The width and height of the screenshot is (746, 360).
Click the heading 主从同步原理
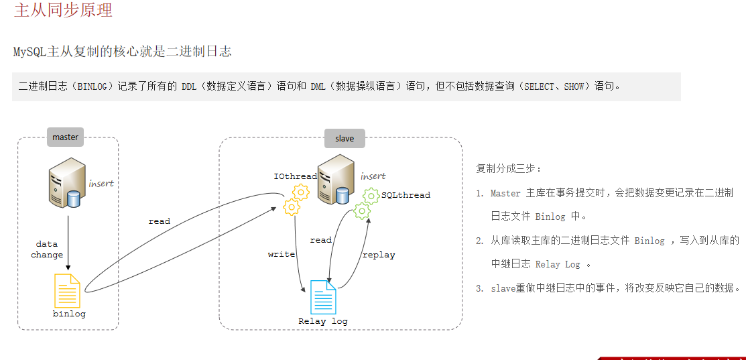[x=63, y=10]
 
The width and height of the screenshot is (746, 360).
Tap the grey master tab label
[x=66, y=137]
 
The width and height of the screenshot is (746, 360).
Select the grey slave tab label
[x=345, y=138]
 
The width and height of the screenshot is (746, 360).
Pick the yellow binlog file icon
[x=67, y=290]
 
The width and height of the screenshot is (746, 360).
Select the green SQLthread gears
[x=366, y=202]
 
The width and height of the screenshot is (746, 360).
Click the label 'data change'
[x=47, y=249]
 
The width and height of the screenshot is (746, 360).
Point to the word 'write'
[x=282, y=254]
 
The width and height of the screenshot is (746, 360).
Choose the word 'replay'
[x=379, y=255]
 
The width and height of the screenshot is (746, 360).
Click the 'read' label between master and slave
[x=160, y=221]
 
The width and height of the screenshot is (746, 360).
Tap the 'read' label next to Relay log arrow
[x=321, y=240]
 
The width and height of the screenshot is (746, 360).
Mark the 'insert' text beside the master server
[x=101, y=183]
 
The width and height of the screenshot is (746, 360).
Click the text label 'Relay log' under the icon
[x=323, y=321]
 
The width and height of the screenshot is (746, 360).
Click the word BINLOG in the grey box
[x=97, y=86]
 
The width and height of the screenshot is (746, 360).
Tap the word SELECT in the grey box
[x=540, y=86]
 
